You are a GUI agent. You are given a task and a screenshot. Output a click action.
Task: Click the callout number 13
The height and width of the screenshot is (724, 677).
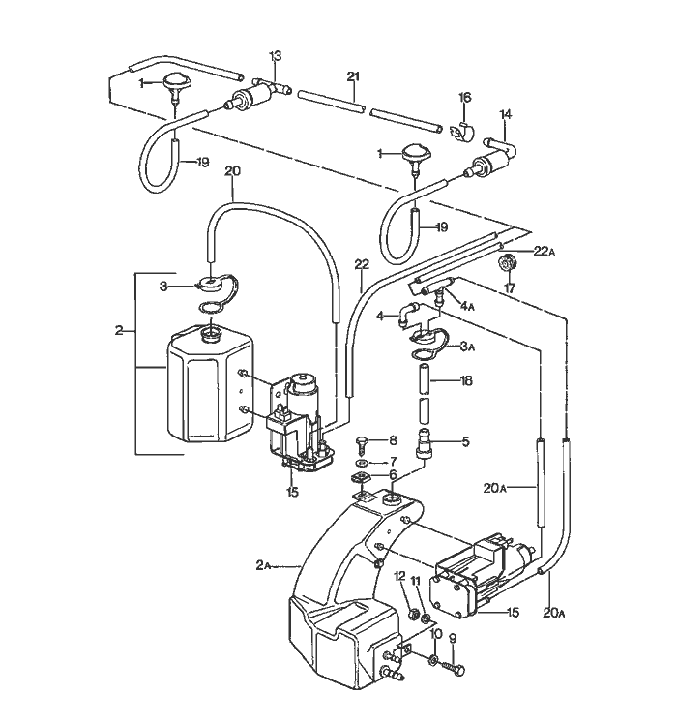[275, 56]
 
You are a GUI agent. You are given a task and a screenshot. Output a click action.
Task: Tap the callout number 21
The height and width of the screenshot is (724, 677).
[353, 76]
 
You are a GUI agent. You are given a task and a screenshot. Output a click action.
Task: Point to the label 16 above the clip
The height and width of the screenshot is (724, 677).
[464, 98]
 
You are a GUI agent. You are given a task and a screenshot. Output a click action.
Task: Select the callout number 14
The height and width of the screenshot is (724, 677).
[504, 114]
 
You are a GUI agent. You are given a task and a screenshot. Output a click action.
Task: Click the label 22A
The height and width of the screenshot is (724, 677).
[544, 251]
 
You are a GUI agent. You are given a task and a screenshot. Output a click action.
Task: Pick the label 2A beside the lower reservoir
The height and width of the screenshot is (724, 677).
[265, 565]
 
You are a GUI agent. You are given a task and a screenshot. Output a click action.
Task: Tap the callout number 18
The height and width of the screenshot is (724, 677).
[466, 382]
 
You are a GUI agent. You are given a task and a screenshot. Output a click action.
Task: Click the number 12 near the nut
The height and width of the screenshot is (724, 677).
[398, 577]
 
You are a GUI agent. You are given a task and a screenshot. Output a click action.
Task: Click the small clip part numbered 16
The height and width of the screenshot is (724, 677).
[463, 129]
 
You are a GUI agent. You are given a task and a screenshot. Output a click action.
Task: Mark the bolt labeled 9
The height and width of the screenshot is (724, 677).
[456, 669]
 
